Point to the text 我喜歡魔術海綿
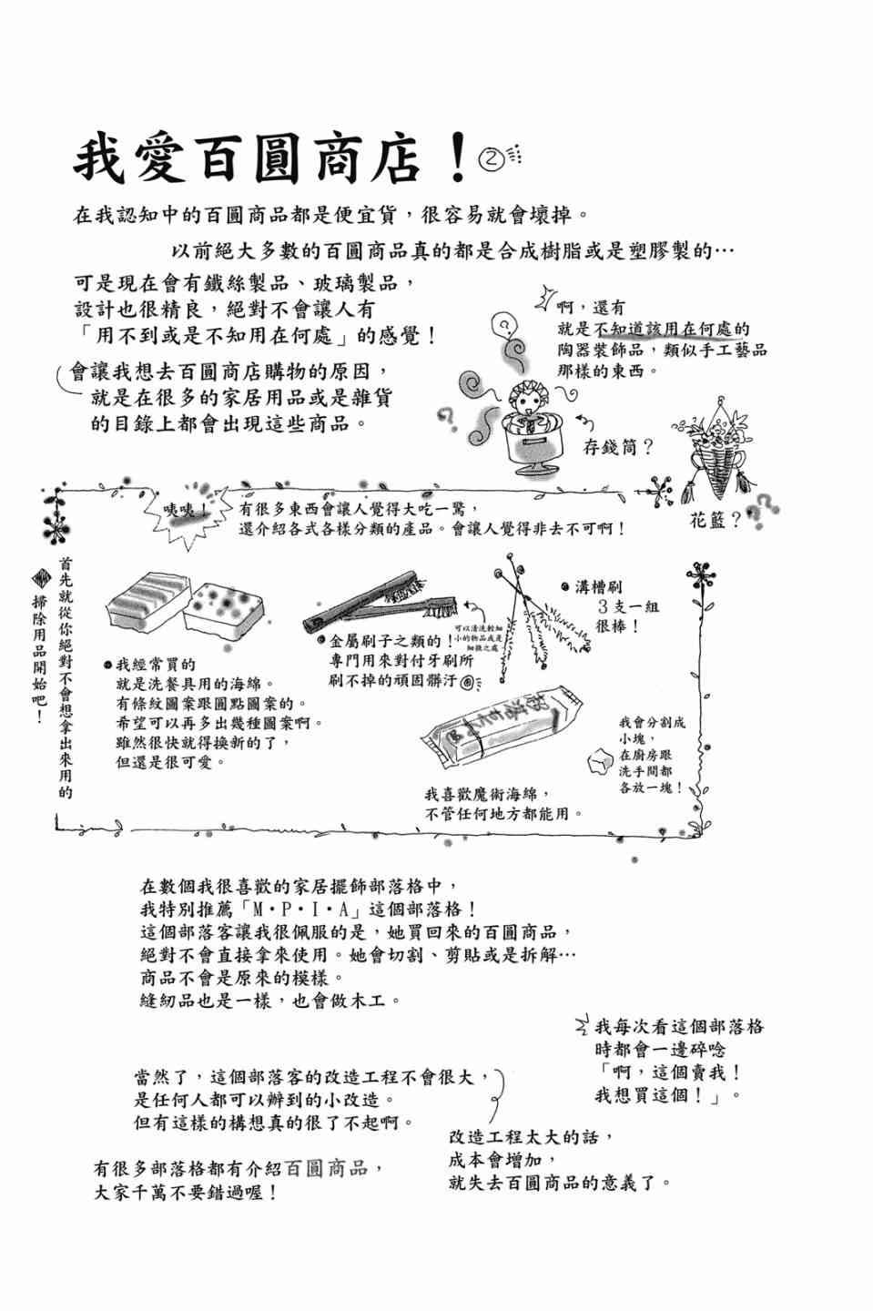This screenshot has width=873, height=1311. coord(487,793)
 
